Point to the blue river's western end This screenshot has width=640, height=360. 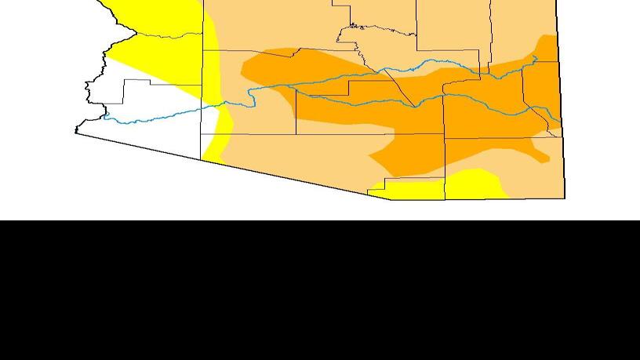tap(104, 117)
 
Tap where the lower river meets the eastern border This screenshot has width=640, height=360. tap(560, 125)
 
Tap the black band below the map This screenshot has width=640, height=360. tap(320, 290)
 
